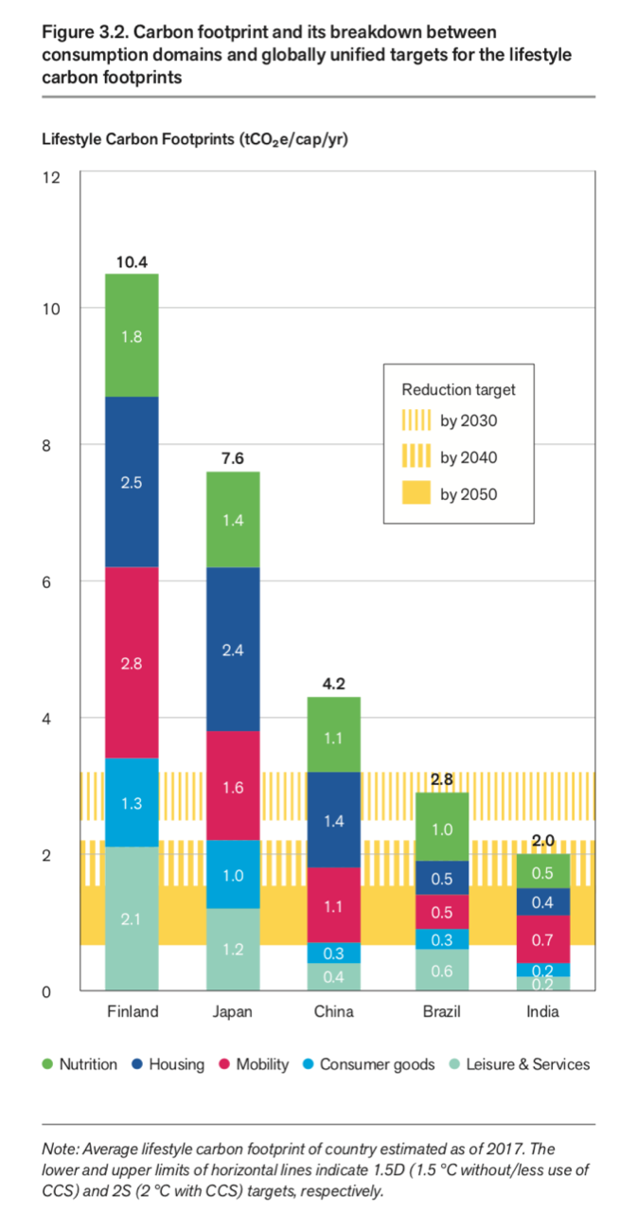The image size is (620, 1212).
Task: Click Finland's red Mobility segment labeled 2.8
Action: [131, 663]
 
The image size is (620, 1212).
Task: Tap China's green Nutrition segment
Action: [333, 735]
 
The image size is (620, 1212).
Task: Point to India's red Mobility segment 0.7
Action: [542, 939]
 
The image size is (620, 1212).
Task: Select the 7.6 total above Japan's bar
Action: [232, 458]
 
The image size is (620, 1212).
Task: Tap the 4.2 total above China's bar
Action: [333, 683]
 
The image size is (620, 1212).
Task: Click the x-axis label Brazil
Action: [441, 1011]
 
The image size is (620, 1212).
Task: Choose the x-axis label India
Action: [542, 1011]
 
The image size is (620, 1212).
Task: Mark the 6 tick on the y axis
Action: [54, 581]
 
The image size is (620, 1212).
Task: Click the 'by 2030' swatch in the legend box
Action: [416, 420]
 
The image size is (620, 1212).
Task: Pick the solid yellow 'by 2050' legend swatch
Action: [416, 493]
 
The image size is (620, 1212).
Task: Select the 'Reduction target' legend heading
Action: [458, 389]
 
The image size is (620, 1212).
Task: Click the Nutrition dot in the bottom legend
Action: [48, 1064]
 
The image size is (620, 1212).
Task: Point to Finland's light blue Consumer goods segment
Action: [131, 803]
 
